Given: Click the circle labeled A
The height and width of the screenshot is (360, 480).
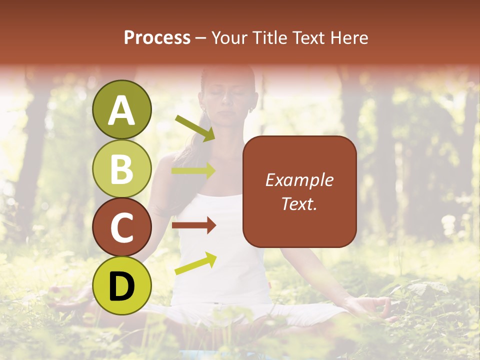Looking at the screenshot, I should pos(121,109).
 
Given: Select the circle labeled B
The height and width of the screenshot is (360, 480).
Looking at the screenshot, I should pos(121,168).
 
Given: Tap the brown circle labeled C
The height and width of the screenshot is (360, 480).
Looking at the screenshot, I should pos(121,227).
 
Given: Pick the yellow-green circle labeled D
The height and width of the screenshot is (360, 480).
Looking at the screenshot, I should pos(121,285).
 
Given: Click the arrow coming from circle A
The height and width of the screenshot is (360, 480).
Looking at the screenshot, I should pos(194,128).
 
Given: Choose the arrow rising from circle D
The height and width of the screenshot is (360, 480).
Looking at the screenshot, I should pos(195,263).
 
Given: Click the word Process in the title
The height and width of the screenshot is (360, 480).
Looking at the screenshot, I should pos(157,37).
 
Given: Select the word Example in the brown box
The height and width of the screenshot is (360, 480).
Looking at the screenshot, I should pos(299,180).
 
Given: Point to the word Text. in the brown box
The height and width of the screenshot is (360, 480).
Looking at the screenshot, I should pos(299,203).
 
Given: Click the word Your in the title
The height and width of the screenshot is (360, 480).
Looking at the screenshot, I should pos(229,37).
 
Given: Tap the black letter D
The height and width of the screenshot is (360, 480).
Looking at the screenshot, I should pos(121,286).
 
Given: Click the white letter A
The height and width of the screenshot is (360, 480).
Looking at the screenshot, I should pos(121,110).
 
